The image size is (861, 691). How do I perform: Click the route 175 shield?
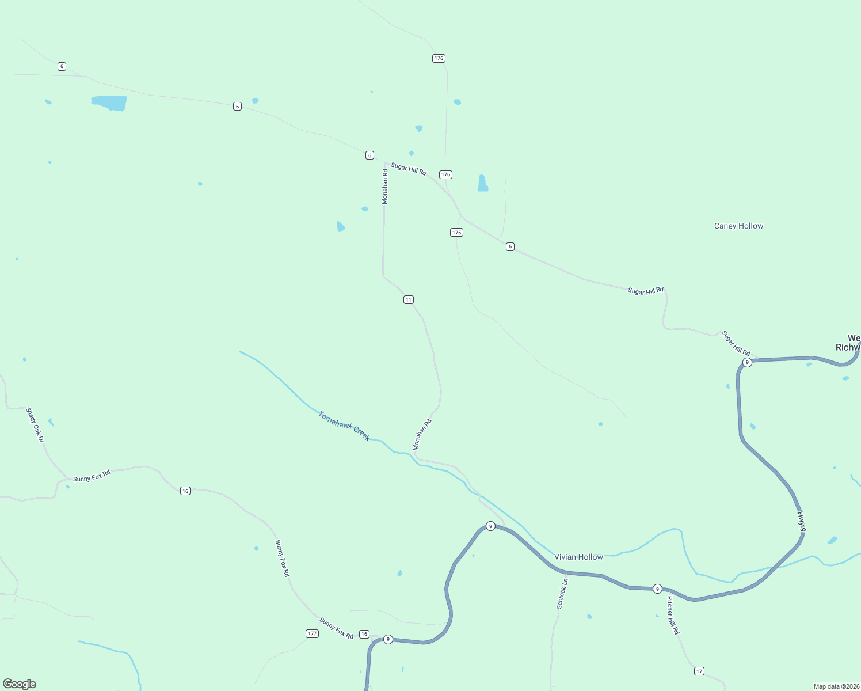pos(456,233)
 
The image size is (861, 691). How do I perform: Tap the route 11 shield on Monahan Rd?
pos(408,300)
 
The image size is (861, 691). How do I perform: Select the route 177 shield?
pos(312,633)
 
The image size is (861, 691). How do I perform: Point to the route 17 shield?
pos(699,671)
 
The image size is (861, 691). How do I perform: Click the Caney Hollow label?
pos(738,226)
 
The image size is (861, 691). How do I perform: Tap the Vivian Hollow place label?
pos(578,557)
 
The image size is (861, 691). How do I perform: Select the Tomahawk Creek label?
pos(344,426)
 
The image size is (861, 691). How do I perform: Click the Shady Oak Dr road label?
pos(35,425)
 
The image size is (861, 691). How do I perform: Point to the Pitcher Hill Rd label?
pos(673,616)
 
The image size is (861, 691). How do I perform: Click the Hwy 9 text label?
pos(801,521)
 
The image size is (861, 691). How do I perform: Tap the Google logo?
pos(20,684)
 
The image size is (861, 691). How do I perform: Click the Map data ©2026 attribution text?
pos(836,686)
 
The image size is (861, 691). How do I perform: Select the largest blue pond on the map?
pos(109,103)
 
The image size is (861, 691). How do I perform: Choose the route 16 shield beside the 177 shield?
pos(364,634)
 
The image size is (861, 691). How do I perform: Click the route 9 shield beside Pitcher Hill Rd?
pos(657,589)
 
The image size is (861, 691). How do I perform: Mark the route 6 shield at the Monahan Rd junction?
pos(369,155)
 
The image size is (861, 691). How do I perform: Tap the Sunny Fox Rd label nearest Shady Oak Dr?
pos(92,476)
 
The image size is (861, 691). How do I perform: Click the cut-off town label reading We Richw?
pos(849,343)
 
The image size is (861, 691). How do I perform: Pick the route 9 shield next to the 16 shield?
pos(388,639)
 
